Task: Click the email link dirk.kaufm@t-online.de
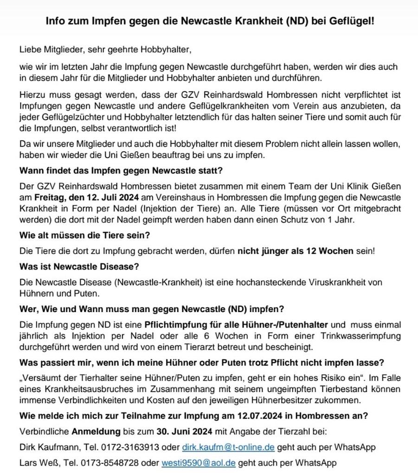click(x=228, y=447)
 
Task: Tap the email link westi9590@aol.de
click(x=199, y=462)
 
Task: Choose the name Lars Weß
click(x=37, y=462)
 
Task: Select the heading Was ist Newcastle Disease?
click(x=79, y=267)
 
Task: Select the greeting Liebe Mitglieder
click(x=49, y=50)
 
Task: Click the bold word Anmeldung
click(x=96, y=432)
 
